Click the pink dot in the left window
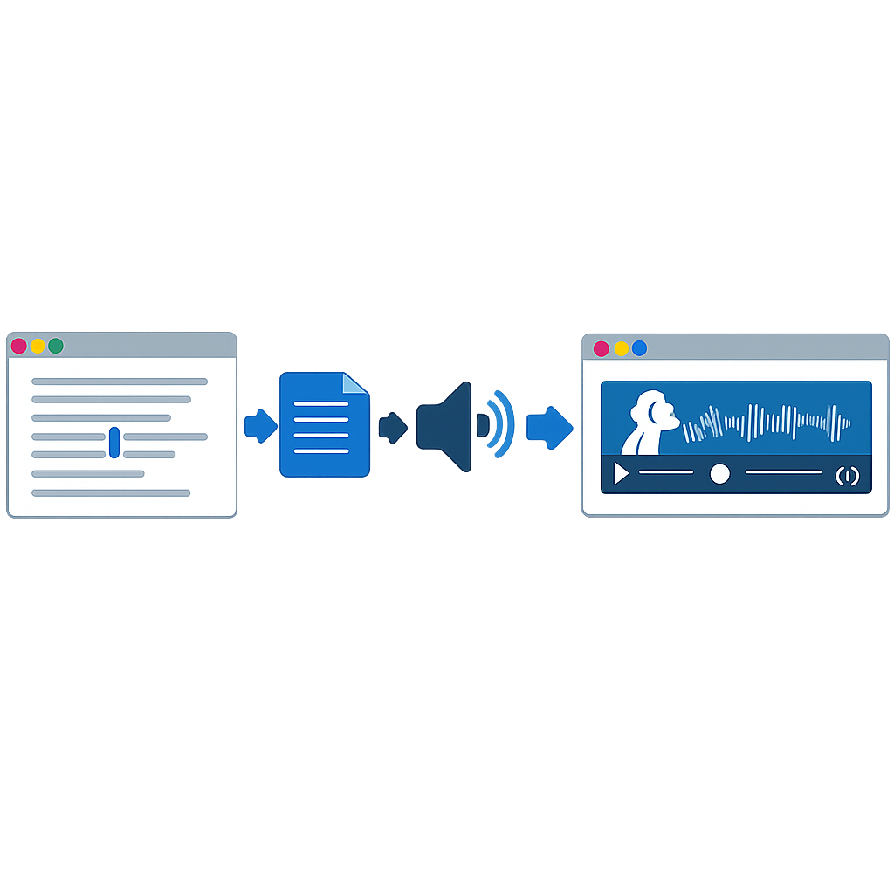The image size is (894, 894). point(19,346)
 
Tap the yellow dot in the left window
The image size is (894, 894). point(38,346)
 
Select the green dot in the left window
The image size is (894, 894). point(56,346)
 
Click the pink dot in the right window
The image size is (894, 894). point(601,348)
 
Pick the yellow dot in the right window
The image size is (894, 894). point(621,348)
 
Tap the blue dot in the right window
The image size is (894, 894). point(639,348)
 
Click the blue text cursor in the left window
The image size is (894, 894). point(114,443)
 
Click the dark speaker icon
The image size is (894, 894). point(446,426)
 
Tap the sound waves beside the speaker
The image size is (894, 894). point(501,424)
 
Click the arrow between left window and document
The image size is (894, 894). point(259,426)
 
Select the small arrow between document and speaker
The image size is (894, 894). point(392,426)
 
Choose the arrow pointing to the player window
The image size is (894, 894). point(549,426)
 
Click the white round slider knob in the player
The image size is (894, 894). point(719,473)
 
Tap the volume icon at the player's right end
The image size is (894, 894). point(847,476)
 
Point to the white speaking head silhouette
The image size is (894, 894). point(650,421)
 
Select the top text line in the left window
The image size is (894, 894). point(120,382)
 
